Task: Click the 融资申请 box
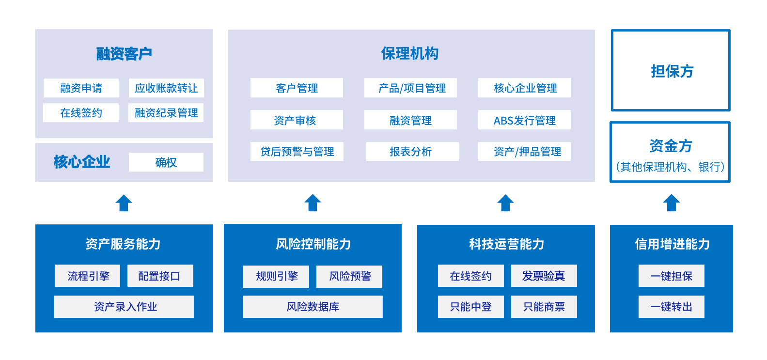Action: click(81, 88)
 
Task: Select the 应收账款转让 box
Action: click(166, 88)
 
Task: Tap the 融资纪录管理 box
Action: click(166, 113)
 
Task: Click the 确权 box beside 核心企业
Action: click(166, 162)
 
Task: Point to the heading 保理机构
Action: click(410, 53)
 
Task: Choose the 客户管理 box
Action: click(297, 88)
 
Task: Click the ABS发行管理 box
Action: click(524, 120)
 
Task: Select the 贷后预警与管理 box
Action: click(297, 151)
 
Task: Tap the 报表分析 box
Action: click(412, 151)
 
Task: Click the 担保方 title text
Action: click(672, 71)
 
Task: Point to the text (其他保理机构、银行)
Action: click(670, 167)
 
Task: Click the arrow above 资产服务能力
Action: click(124, 203)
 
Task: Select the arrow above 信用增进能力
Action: click(672, 203)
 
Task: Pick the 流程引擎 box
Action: click(87, 276)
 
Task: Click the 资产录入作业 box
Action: click(124, 307)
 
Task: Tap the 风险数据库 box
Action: click(313, 307)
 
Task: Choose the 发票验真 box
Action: click(544, 276)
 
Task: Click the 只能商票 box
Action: click(544, 307)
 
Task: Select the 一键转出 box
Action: click(672, 307)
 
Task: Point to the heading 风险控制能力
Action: click(313, 244)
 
